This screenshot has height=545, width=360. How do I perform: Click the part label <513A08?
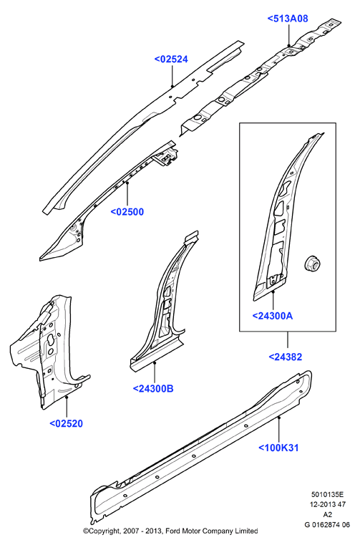tap(288, 19)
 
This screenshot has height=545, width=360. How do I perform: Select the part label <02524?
tap(171, 59)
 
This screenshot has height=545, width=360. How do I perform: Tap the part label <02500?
tap(127, 212)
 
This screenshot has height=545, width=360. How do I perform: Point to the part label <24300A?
tap(273, 316)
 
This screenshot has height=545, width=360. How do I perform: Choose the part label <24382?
tap(286, 357)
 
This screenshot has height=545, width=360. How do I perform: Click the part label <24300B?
tap(153, 389)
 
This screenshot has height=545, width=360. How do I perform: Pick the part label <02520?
tap(67, 424)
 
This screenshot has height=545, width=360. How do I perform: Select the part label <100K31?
tap(278, 448)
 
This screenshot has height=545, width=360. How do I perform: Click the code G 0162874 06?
tap(327, 525)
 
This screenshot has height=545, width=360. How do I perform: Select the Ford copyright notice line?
tap(170, 531)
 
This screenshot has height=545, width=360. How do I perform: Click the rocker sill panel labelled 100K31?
tap(201, 448)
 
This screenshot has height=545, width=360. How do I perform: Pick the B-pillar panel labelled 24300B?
tap(162, 306)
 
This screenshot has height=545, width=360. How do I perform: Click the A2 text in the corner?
tap(327, 515)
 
